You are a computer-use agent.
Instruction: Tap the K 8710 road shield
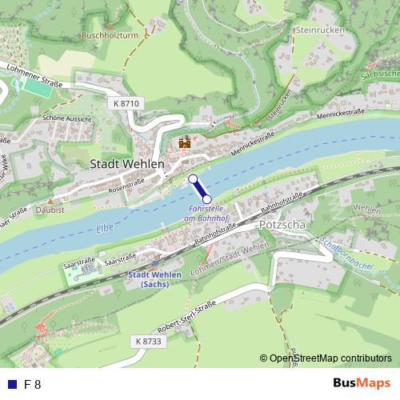(x=126, y=104)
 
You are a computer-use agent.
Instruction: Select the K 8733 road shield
(x=148, y=342)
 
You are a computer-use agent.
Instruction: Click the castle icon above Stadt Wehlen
(x=185, y=143)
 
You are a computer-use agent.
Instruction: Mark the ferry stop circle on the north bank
(x=192, y=178)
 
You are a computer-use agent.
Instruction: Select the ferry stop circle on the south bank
(x=207, y=198)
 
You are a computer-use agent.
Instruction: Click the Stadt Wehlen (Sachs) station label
(x=154, y=279)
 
